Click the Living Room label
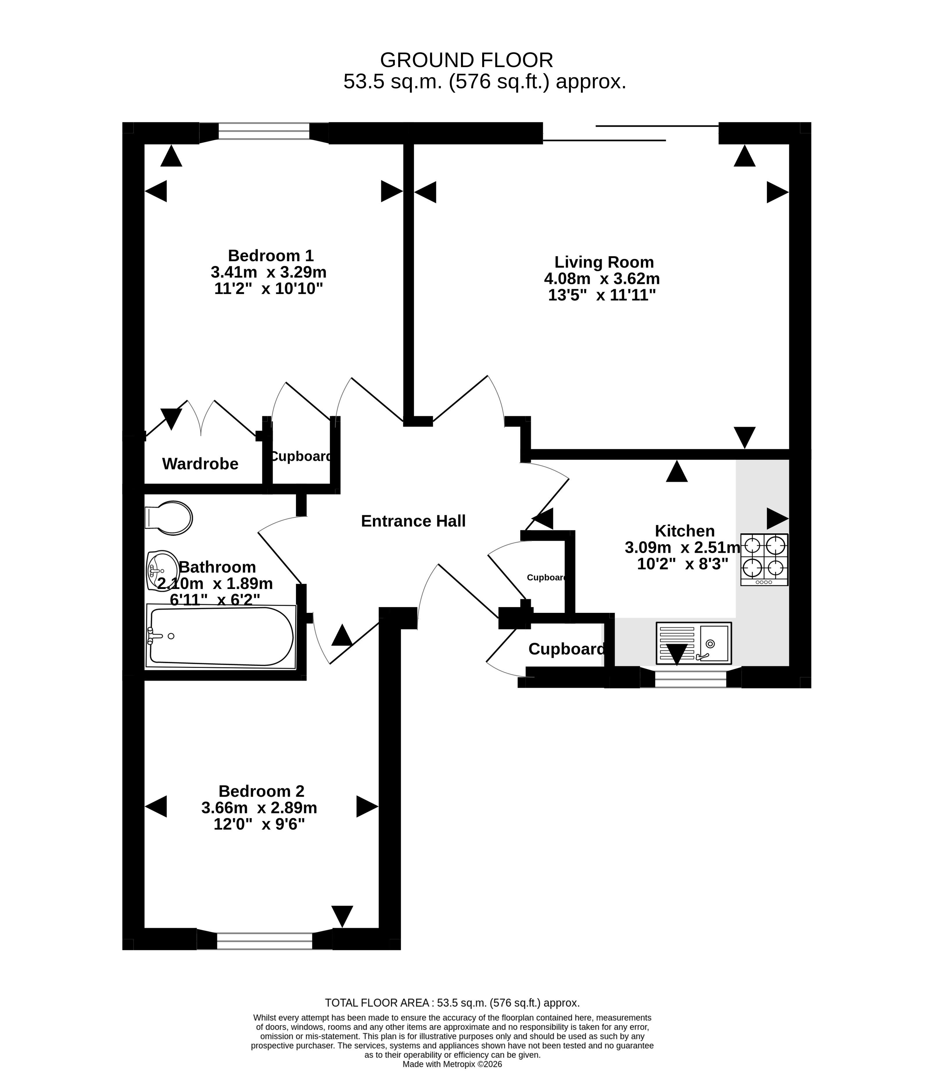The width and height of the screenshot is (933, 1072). click(x=604, y=262)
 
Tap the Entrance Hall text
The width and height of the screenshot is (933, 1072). click(x=413, y=521)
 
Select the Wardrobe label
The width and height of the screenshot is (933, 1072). click(x=200, y=464)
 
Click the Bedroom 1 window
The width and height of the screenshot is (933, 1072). click(x=264, y=131)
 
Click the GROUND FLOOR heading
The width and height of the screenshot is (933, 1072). click(x=466, y=60)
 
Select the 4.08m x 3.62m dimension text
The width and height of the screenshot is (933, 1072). click(x=602, y=279)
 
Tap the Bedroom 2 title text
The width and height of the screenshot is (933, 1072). click(x=261, y=791)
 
